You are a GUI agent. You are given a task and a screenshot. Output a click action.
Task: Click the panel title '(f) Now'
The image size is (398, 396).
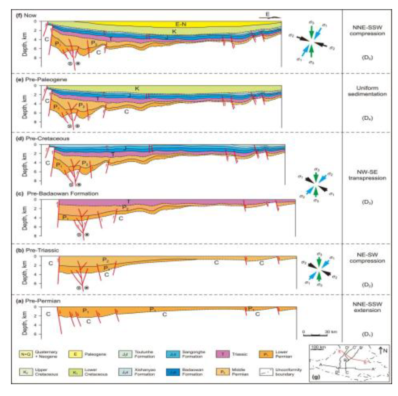tap(26, 15)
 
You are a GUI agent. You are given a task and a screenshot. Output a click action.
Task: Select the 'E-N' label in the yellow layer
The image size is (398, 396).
tap(181, 24)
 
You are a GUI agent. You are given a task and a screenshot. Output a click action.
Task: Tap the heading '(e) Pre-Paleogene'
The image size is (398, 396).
tap(41, 80)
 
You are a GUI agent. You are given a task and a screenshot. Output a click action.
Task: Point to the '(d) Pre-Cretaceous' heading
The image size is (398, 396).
tap(42, 138)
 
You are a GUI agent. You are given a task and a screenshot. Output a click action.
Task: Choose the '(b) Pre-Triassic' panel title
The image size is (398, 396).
tap(37, 250)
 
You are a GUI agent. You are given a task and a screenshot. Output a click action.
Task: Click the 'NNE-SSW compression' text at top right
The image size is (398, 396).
tap(367, 30)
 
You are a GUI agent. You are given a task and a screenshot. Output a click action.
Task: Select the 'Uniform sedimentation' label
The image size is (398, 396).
tap(367, 91)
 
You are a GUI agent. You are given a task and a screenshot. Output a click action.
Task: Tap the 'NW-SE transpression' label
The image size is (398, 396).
tap(367, 175)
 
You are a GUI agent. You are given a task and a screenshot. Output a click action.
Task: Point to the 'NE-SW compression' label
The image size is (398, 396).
tap(367, 258)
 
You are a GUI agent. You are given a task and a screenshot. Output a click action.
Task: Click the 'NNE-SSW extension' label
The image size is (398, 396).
tap(367, 307)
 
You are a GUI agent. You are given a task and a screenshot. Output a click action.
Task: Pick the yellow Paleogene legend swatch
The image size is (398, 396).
tap(75, 354)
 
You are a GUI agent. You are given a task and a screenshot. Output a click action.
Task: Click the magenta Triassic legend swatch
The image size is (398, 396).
tap(223, 354)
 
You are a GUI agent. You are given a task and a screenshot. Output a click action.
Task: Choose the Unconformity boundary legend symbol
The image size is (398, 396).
tap(266, 372)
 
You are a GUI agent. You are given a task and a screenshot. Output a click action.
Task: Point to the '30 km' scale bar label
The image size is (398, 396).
tap(331, 331)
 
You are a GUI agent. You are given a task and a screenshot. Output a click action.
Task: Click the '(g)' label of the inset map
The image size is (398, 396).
tap(316, 377)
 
